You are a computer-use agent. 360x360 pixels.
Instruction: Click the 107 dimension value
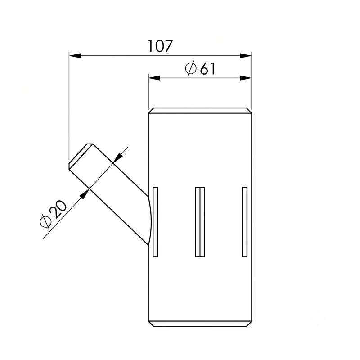pos(160,46)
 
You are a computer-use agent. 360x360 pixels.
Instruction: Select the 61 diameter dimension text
pos(207,68)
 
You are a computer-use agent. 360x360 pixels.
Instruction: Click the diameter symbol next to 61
pos(191,68)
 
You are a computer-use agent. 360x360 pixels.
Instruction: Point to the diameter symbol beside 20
pos(45,221)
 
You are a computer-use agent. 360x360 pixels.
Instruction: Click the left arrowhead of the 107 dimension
pos(75,55)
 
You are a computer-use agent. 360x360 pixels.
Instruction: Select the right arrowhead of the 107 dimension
pos(246,55)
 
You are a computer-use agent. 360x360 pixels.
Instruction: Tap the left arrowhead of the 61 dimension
pos(154,78)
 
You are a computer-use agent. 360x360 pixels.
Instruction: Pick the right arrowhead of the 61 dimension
pos(246,78)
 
